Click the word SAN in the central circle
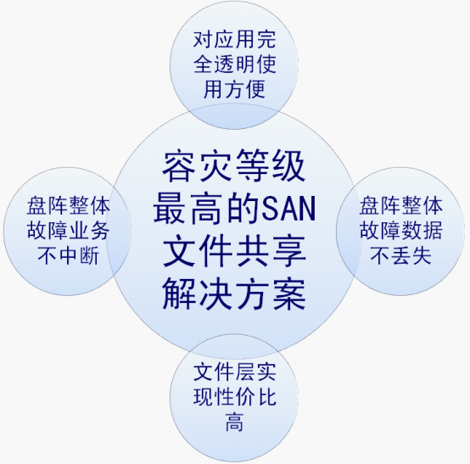click(289, 209)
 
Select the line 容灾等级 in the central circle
click(234, 165)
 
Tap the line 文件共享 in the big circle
click(234, 251)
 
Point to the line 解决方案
click(234, 293)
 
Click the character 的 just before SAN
click(243, 209)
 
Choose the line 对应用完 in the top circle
click(234, 40)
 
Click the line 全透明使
click(234, 64)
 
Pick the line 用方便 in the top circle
click(234, 89)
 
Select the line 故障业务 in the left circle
click(68, 231)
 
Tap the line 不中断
click(68, 255)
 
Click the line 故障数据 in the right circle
click(400, 231)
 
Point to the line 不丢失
click(400, 255)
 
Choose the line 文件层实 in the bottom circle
click(234, 372)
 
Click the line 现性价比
click(234, 397)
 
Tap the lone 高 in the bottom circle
click(234, 422)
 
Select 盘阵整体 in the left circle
click(68, 205)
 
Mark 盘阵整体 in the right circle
click(400, 205)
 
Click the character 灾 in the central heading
click(215, 165)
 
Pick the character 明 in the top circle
click(245, 64)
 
